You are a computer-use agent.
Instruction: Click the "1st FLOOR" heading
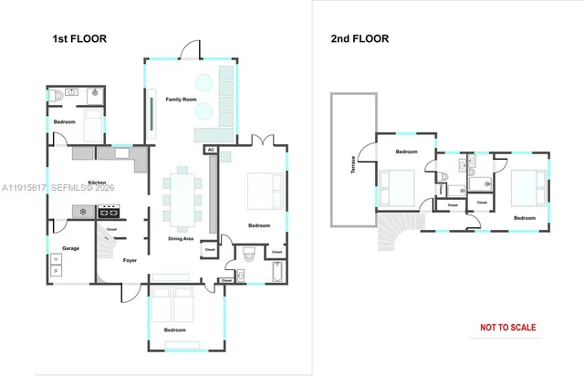coord(80,39)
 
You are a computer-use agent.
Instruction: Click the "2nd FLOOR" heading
coord(360,39)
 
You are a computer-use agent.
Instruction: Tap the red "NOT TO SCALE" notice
coord(508,328)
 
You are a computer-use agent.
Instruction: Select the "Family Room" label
coord(181,99)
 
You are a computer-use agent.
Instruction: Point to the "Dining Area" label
coord(181,239)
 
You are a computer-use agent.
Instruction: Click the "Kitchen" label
coord(98,183)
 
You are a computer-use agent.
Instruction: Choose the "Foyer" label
coord(130,260)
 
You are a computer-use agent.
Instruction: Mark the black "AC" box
coord(211,149)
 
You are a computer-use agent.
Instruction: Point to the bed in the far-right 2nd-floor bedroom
coord(525,188)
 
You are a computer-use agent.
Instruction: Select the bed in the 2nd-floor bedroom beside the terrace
coord(398,188)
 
